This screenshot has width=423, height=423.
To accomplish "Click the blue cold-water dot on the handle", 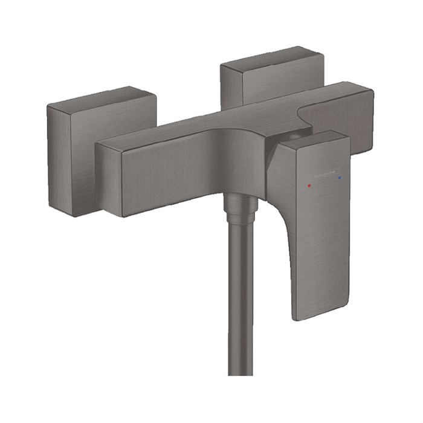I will tap(340, 179).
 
